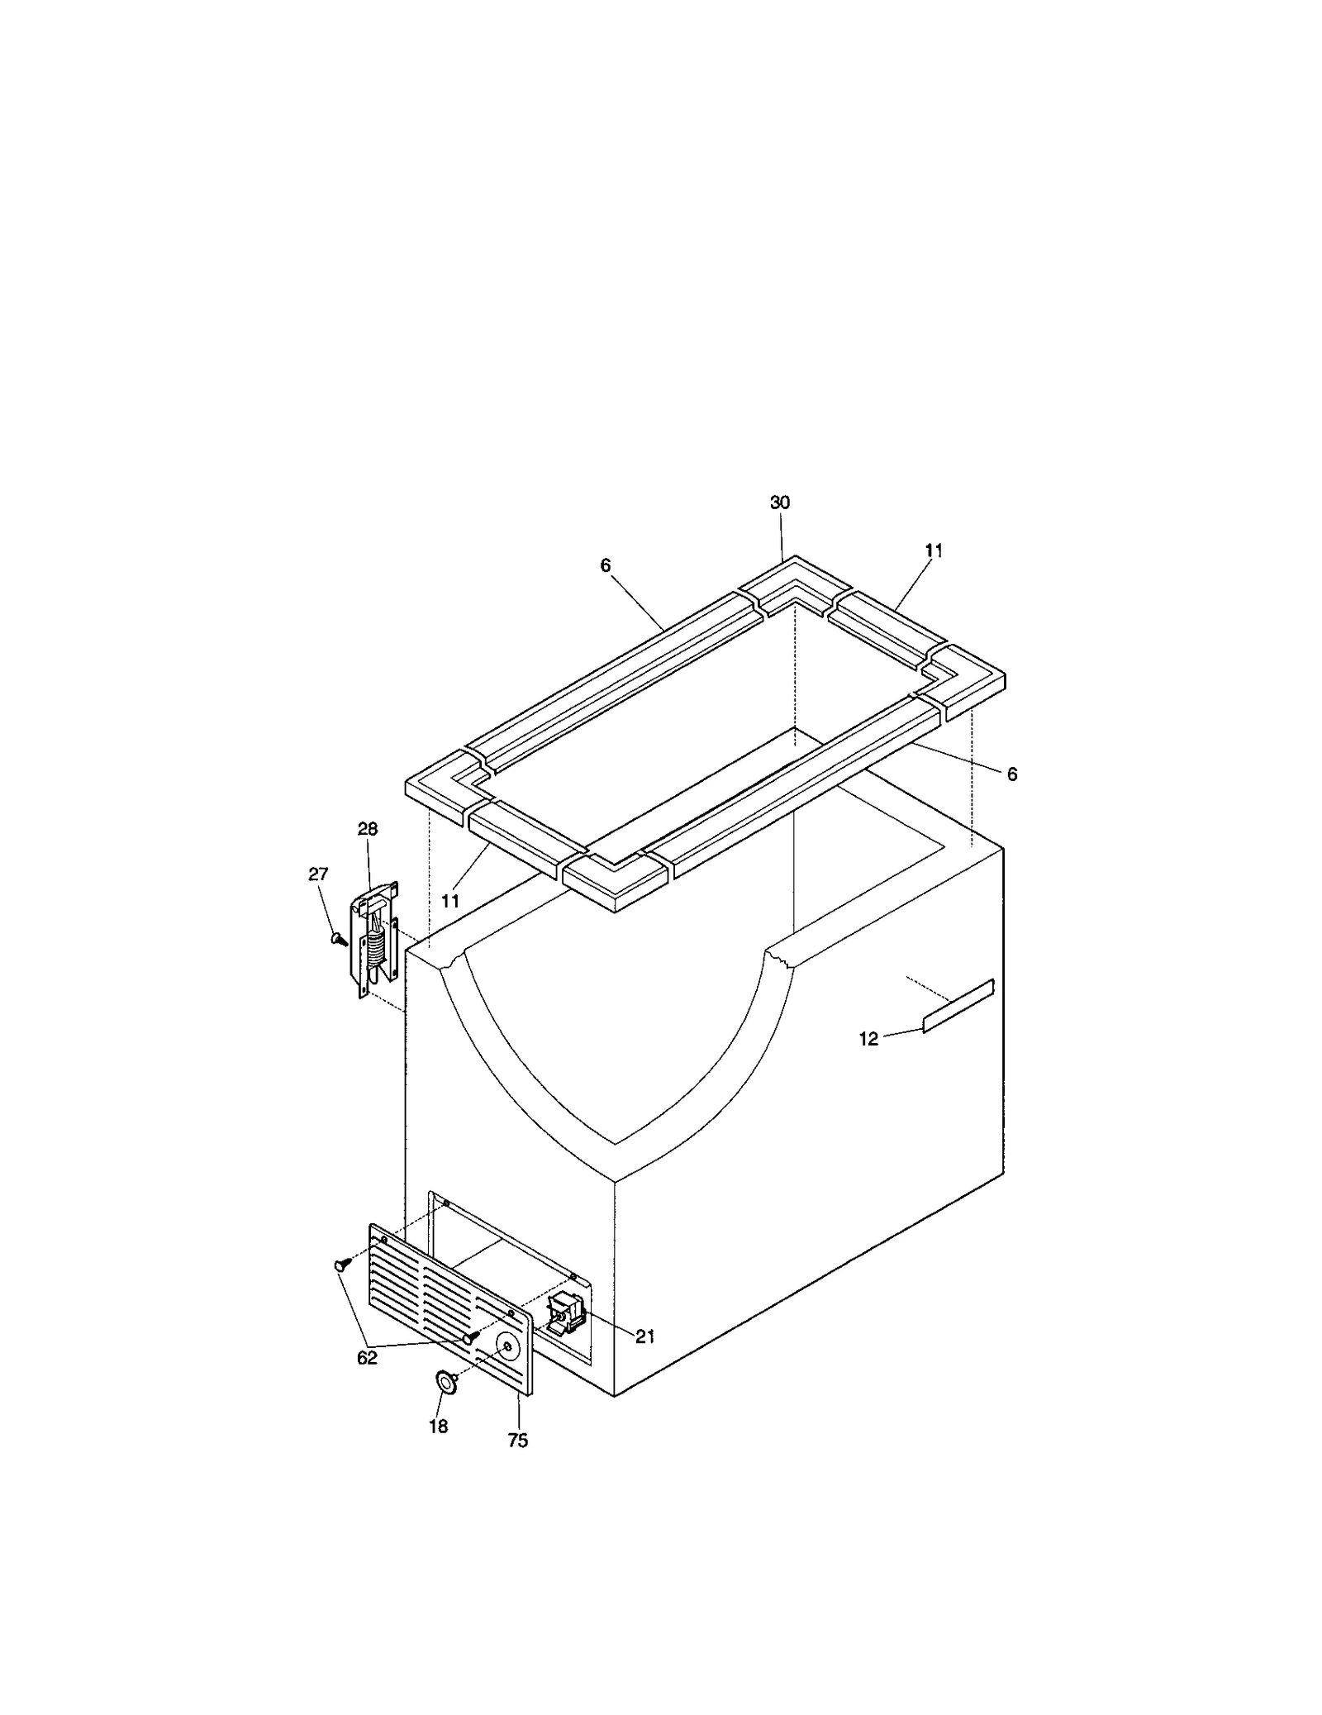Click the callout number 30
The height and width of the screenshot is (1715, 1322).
click(780, 503)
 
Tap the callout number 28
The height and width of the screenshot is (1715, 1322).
click(368, 829)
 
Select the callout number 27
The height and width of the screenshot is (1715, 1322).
click(318, 874)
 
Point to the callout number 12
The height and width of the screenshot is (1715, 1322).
click(868, 1039)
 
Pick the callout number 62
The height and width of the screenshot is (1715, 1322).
click(367, 1380)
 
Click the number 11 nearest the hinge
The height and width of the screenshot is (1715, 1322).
click(449, 900)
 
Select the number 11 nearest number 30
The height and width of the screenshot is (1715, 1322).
click(934, 550)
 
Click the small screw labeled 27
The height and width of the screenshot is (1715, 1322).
click(338, 940)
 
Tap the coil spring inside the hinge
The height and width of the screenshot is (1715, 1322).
click(377, 949)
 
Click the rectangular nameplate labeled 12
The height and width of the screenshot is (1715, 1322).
click(958, 1005)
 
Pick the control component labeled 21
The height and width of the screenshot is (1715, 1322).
click(566, 1312)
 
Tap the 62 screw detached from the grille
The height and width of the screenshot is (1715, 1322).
click(340, 1288)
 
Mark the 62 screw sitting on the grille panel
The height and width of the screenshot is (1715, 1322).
click(470, 1337)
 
